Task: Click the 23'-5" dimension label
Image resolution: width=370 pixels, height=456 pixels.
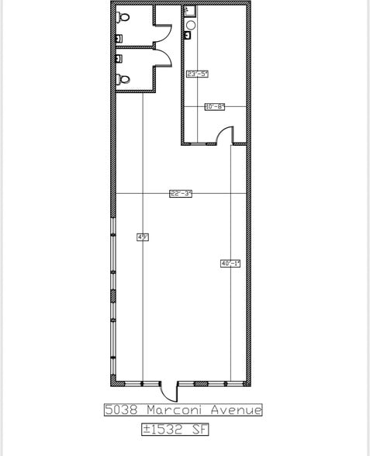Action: [198, 74]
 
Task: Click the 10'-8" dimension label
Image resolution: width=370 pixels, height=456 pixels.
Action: [214, 107]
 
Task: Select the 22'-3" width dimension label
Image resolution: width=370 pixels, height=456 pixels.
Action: [181, 194]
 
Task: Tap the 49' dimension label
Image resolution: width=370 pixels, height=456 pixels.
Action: [142, 237]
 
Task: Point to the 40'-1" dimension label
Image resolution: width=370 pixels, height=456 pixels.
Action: [230, 264]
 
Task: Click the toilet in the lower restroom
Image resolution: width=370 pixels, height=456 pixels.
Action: [122, 78]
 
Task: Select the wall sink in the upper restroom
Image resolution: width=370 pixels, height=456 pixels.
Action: [118, 38]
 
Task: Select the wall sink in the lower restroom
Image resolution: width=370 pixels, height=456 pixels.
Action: [118, 58]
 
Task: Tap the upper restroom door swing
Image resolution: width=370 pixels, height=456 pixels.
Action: [161, 33]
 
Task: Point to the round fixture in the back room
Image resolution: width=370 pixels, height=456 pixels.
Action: [190, 25]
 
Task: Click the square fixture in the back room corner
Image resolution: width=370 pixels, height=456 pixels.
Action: [188, 12]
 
